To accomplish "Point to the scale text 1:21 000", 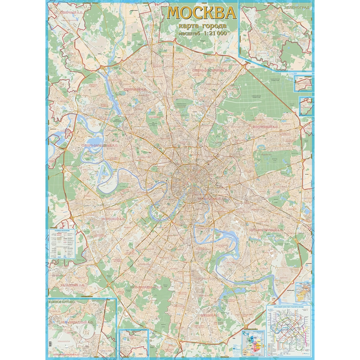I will click(213, 33).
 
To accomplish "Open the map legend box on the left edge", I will click(63, 243).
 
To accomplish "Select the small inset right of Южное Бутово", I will click(134, 341).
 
